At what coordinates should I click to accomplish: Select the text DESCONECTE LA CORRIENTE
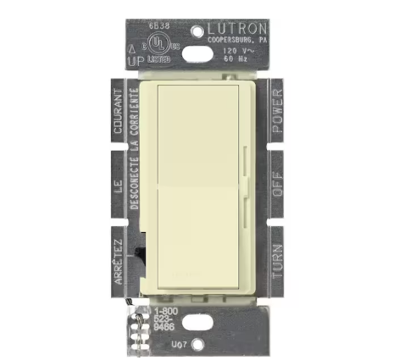point(136,182)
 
